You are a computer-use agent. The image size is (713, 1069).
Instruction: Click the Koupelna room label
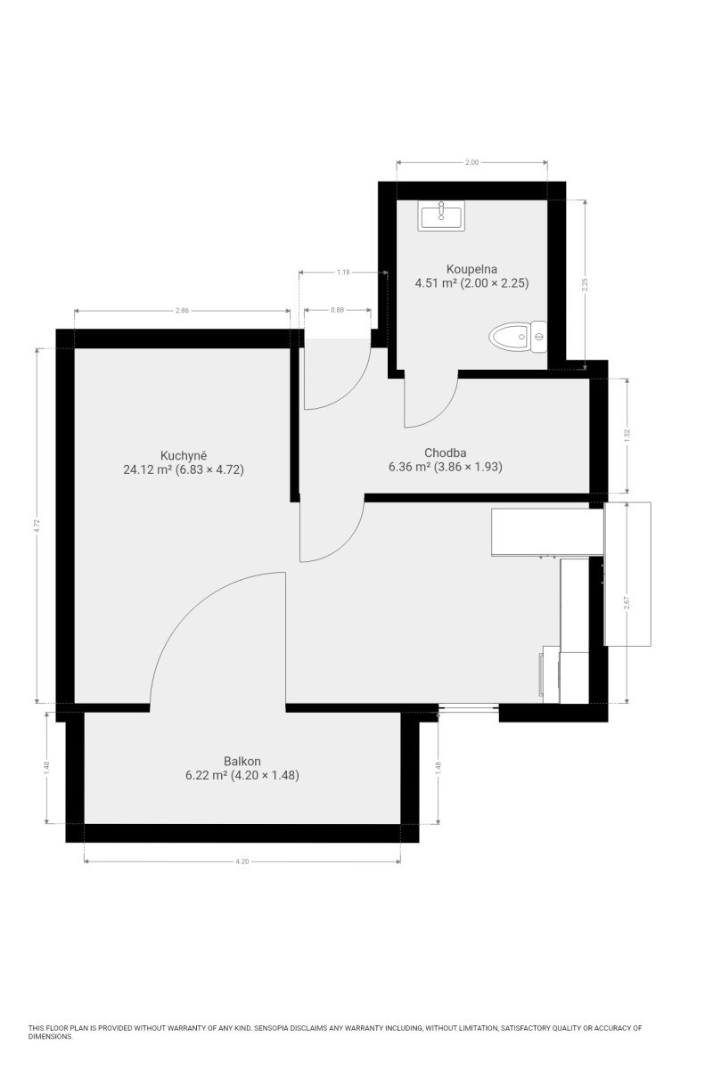[x=471, y=269]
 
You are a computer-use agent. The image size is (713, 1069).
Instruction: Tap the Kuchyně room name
[x=184, y=455]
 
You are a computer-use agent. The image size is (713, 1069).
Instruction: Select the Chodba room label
[x=445, y=453]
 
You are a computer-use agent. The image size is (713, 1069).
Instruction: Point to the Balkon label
[x=242, y=761]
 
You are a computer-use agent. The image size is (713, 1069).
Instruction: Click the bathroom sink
[x=441, y=216]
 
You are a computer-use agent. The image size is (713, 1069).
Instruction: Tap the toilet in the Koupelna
[x=518, y=337]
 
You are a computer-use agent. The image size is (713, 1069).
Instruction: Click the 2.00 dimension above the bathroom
[x=471, y=162]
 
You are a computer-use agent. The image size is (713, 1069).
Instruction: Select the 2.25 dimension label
[x=585, y=285]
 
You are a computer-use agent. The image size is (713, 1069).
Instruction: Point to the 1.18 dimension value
[x=343, y=272]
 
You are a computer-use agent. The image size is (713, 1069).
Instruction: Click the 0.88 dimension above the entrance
[x=337, y=310]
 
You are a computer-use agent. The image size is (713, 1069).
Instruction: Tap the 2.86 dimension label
[x=182, y=310]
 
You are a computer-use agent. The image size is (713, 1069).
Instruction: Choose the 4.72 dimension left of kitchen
[x=37, y=526]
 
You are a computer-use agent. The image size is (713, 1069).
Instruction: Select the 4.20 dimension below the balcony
[x=242, y=861]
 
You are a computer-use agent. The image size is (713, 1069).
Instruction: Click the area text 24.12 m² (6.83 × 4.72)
[x=184, y=469]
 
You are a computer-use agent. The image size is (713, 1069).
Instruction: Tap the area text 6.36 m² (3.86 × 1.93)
[x=445, y=467]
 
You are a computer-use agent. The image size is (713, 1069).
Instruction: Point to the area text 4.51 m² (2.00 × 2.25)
[x=471, y=283]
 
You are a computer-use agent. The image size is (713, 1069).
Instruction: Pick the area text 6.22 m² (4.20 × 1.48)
[x=242, y=775]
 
